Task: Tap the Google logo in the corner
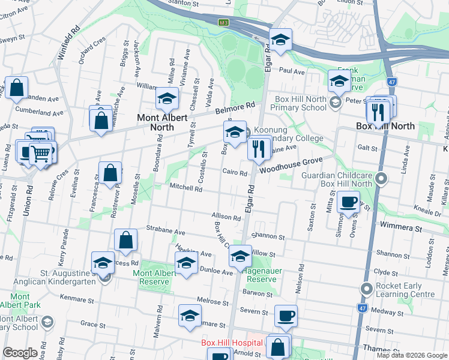tap(20, 353)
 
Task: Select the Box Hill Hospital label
tap(231, 343)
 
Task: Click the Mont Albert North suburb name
tap(164, 122)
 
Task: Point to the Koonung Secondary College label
tap(288, 134)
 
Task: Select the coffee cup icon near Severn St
tap(286, 316)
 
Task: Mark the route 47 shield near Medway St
tap(362, 308)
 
